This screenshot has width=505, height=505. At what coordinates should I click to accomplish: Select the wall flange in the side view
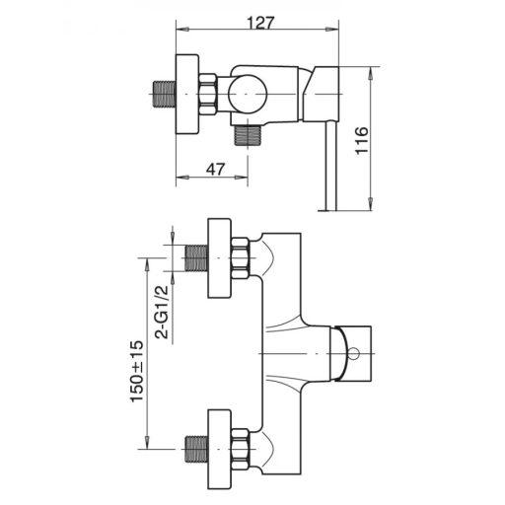coord(186,97)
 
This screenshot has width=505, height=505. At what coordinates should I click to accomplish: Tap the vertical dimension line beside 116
coord(372,138)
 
